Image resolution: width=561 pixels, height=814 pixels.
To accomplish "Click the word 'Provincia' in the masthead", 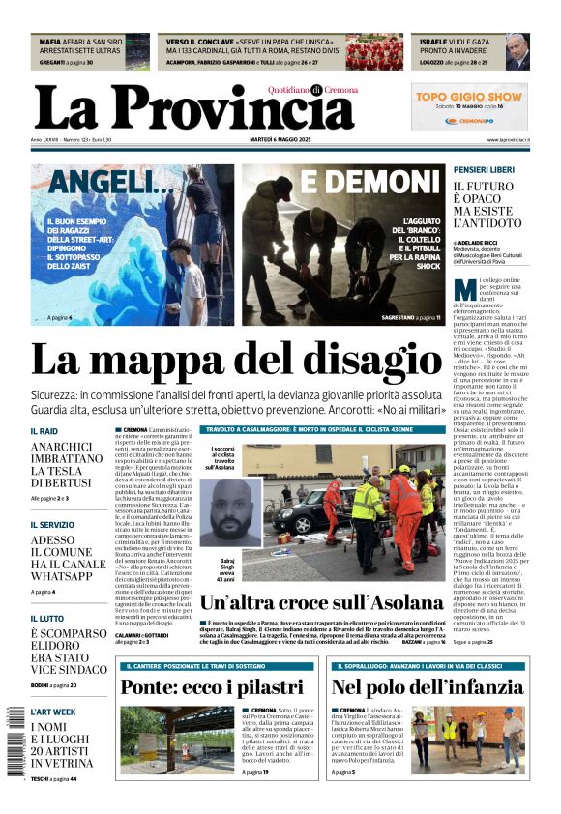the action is click(x=219, y=108).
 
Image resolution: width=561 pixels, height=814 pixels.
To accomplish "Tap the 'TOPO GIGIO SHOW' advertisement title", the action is click(x=469, y=97).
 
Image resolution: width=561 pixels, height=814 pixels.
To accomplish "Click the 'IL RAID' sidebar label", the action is click(x=44, y=431).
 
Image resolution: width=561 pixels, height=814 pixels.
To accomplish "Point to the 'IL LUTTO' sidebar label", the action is click(x=48, y=618).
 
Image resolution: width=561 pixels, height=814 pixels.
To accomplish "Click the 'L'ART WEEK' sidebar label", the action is click(x=52, y=712).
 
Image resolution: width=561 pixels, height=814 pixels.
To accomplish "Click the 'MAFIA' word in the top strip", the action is click(x=49, y=43).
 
